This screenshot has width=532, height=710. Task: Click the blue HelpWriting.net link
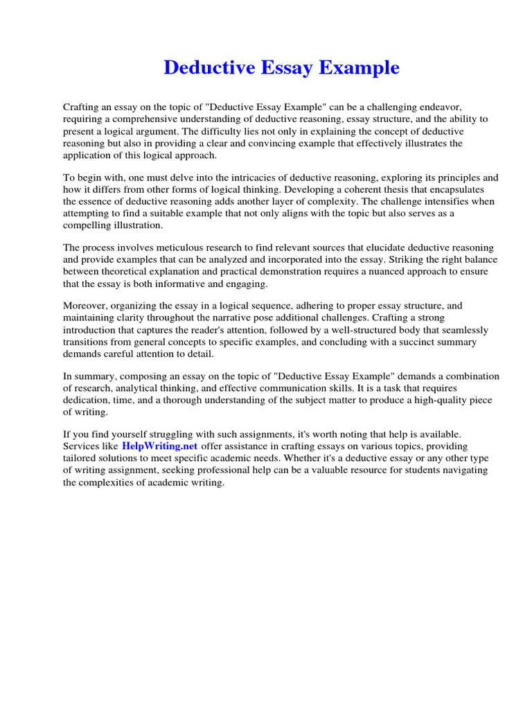point(160,446)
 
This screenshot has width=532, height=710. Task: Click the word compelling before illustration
point(87,225)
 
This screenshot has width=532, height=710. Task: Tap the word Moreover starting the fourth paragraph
point(85,306)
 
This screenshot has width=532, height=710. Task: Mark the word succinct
point(414,341)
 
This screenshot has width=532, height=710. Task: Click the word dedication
point(87,399)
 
